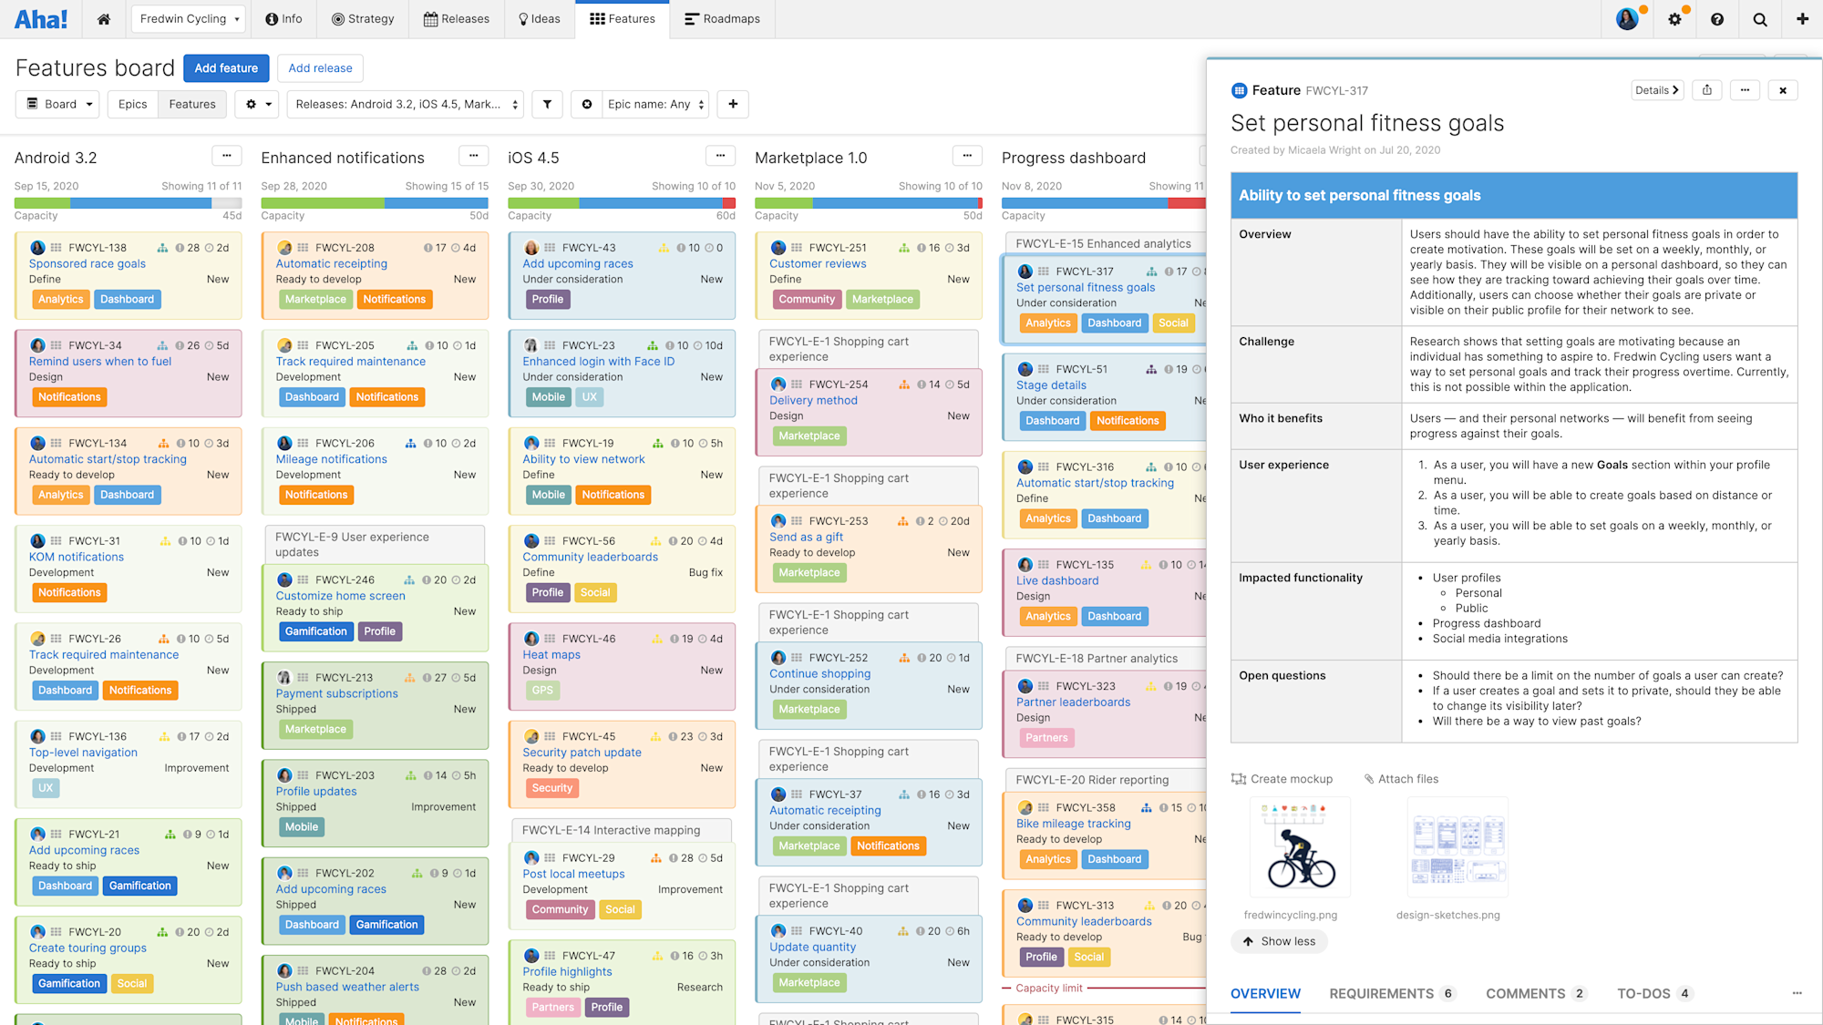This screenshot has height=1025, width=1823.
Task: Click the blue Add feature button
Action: (226, 68)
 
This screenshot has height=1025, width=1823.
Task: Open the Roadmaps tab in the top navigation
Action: (722, 19)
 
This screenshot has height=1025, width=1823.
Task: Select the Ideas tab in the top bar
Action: (540, 19)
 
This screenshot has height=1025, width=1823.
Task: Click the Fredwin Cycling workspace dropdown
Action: (190, 19)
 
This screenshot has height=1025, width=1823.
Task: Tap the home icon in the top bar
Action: (104, 19)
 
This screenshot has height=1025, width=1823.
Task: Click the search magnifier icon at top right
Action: (1759, 19)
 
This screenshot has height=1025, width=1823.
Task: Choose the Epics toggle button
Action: (132, 104)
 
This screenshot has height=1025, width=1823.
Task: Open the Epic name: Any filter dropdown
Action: (655, 104)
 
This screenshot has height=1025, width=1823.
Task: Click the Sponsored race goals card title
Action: (88, 264)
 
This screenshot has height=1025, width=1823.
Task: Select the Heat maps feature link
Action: (551, 655)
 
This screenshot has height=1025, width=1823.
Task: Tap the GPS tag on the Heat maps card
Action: (542, 691)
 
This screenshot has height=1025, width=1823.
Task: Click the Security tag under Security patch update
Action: (552, 788)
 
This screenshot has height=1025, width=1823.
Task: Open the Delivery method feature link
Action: (813, 401)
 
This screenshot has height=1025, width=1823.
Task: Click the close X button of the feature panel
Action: (1783, 90)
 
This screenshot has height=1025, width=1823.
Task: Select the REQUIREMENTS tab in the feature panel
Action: (1381, 993)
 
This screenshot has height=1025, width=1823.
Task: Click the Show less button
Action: (1279, 941)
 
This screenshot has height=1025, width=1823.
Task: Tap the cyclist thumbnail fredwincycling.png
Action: (1300, 848)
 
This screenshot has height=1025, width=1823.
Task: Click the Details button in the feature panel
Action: (1656, 90)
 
